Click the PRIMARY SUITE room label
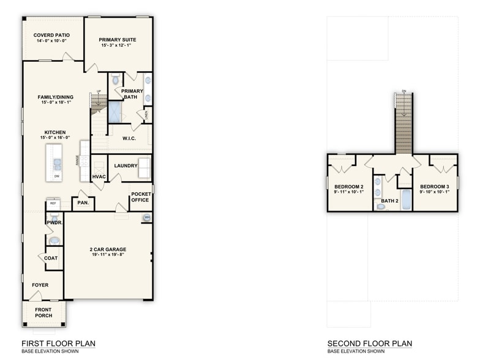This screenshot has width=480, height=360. [x=118, y=40]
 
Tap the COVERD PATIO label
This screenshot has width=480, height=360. [x=51, y=36]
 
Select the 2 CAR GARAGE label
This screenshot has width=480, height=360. [x=107, y=249]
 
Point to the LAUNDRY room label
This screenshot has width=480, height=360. [x=126, y=165]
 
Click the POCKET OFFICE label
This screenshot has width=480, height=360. [x=140, y=197]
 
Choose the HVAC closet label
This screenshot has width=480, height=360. [x=99, y=177]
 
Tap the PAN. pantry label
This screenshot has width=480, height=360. [x=83, y=203]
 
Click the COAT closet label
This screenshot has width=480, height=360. [x=51, y=258]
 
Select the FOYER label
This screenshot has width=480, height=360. [x=40, y=285]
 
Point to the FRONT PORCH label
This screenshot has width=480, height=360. [x=43, y=312]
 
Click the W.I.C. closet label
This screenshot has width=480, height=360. [x=129, y=138]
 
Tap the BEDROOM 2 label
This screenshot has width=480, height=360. [x=349, y=186]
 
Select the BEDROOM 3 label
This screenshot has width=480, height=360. [x=434, y=186]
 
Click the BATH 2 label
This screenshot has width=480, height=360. [x=390, y=201]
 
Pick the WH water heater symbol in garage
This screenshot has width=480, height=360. [x=147, y=217]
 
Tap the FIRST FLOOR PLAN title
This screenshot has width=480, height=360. [x=58, y=343]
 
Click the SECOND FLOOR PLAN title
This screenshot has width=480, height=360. [x=369, y=343]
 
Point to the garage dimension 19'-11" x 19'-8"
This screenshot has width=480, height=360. [x=107, y=255]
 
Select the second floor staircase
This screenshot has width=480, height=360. [x=403, y=122]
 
